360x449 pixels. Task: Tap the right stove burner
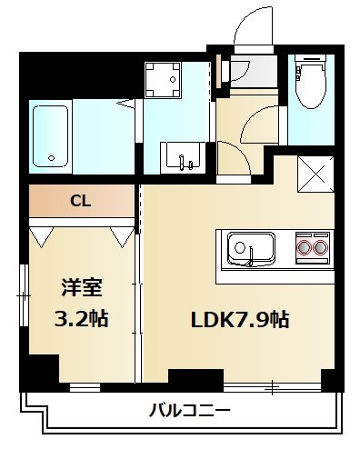pos(319,246)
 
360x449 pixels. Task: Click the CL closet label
pos(81,201)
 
